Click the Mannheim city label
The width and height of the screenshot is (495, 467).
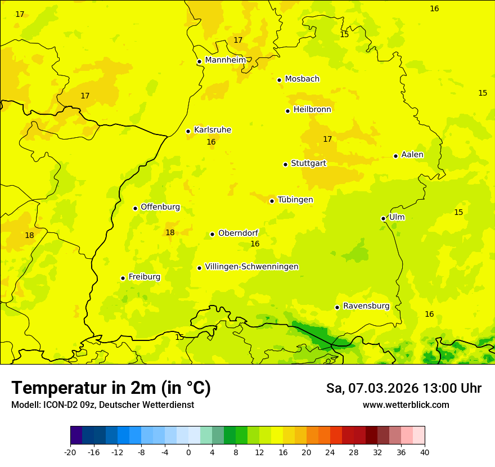coord(225,60)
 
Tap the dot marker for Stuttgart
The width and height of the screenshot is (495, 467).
coord(285,164)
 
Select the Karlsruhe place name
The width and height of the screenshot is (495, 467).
coord(212,130)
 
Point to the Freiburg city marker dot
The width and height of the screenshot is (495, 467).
coord(123,278)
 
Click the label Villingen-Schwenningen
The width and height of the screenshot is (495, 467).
coord(251,267)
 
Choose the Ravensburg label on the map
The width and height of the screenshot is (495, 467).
coord(366,306)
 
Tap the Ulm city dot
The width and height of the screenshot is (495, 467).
coord(383,218)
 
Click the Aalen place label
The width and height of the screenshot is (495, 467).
coord(412,155)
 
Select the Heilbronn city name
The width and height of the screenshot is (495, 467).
coord(312,110)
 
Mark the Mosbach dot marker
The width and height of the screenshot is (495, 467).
coord(279,80)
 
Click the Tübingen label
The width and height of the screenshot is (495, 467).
coord(295,200)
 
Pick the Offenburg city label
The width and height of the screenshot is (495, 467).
coord(160,207)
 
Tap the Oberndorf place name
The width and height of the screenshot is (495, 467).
coord(238,233)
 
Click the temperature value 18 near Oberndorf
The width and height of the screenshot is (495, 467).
coord(170,232)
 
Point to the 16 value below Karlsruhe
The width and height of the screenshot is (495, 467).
coord(211,142)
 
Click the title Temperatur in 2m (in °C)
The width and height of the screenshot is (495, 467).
coord(111,388)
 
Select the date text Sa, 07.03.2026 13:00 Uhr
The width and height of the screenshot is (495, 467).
coord(403,388)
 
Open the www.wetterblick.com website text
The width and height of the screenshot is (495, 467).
coord(406,405)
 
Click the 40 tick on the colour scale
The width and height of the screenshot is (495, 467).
coord(424,452)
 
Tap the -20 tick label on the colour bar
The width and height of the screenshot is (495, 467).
coord(70,452)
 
